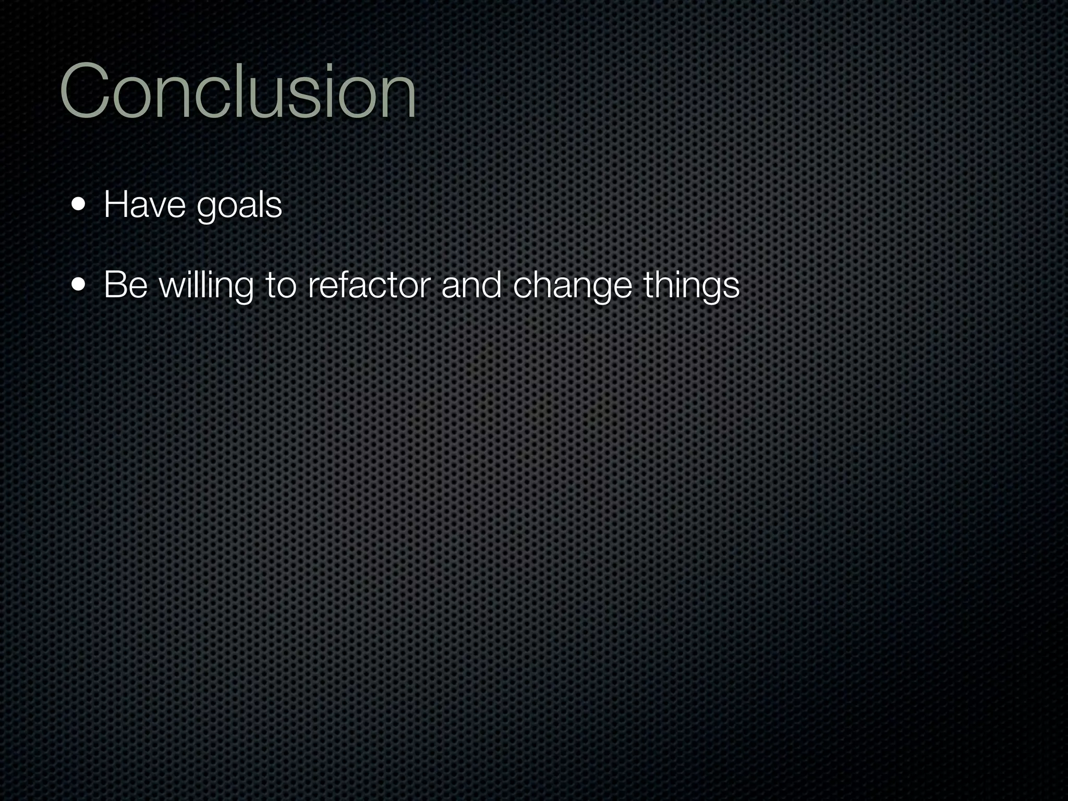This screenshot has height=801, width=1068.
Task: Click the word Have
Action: point(144,205)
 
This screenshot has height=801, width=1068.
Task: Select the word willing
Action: point(206,287)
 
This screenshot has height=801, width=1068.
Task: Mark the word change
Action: point(572,287)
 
